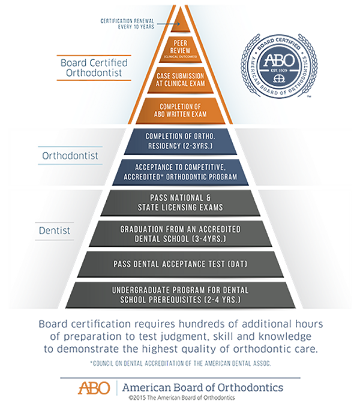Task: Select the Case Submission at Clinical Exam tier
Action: coord(180,79)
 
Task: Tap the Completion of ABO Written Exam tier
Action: coord(180,110)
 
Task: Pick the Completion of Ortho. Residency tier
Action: coord(180,140)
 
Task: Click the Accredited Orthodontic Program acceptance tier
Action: coord(180,172)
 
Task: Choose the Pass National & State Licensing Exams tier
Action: coord(180,203)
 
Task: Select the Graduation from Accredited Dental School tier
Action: coord(180,234)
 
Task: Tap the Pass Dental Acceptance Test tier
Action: coord(180,264)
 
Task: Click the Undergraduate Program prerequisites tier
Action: coord(180,295)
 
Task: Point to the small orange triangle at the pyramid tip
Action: coord(181,12)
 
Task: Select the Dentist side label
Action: coord(55,230)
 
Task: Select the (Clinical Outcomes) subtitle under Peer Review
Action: coord(180,56)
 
